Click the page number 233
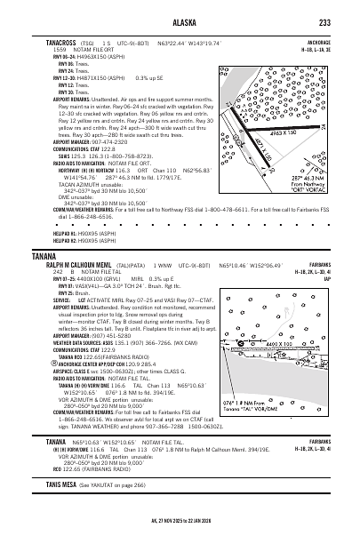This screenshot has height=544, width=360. [325, 22]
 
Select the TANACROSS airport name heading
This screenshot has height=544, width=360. [50, 41]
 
